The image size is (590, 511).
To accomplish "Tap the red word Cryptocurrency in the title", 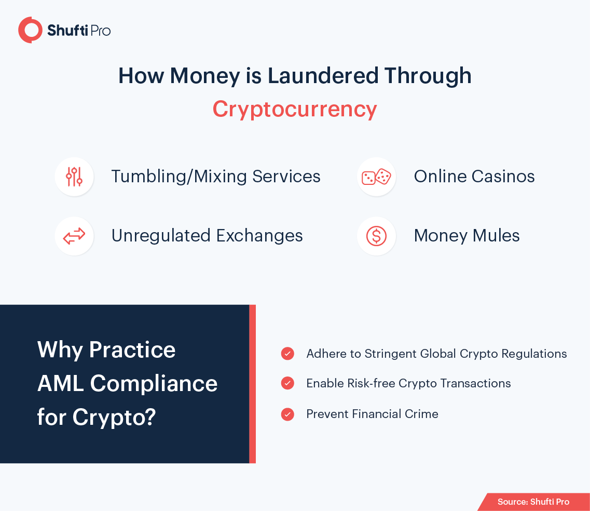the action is coord(295,110).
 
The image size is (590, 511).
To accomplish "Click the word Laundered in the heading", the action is coord(323,76).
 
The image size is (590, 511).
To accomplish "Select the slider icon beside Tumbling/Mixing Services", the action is coord(74,177).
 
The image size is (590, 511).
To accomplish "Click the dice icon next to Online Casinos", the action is coord(376,177).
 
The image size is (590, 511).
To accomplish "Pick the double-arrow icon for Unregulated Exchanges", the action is coord(74,236).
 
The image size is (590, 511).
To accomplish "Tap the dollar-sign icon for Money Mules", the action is coord(376,236).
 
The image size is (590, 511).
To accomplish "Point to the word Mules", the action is coord(496,236).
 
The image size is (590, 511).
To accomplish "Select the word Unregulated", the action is coord(161,236).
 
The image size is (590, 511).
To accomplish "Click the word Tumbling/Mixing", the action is coord(179,177).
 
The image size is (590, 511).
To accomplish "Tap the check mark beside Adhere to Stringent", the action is coord(287,354).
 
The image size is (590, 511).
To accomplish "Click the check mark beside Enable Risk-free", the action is coord(287,383).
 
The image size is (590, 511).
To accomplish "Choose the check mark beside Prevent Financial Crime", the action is coord(287,414).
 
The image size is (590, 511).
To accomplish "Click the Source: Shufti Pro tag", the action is coord(533,502).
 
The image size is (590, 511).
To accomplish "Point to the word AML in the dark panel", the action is coord(60,384).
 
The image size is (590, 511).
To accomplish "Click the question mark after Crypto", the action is coord(150,416).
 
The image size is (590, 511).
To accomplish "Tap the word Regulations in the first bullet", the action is coord(534,354).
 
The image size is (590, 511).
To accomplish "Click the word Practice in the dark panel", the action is coord(132,350).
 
